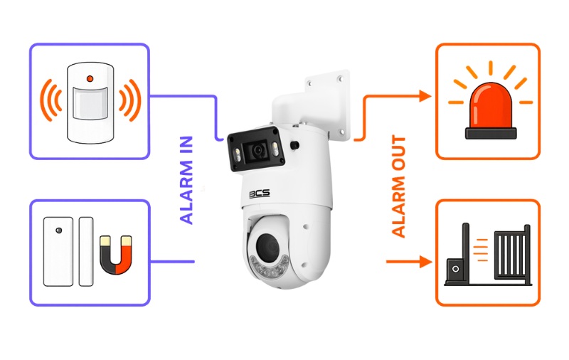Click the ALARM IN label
pyautogui.click(x=186, y=180)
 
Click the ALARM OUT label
pyautogui.click(x=398, y=186)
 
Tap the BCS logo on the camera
pyautogui.click(x=260, y=194)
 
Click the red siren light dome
pyautogui.click(x=491, y=105)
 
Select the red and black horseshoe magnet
pyautogui.click(x=116, y=255)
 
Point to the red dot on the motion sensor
pyautogui.click(x=90, y=79)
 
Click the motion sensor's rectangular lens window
pyautogui.click(x=90, y=103)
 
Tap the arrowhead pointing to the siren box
pyautogui.click(x=425, y=96)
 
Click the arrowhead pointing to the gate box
pyautogui.click(x=425, y=261)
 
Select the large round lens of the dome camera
pyautogui.click(x=267, y=246)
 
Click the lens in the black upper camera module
pyautogui.click(x=257, y=150)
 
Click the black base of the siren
pyautogui.click(x=491, y=133)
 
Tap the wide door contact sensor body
pyautogui.click(x=58, y=251)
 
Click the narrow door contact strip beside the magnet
pyautogui.click(x=86, y=251)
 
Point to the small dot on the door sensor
pyautogui.click(x=58, y=231)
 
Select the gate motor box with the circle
pyautogui.click(x=455, y=269)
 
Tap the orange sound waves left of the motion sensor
pyautogui.click(x=50, y=100)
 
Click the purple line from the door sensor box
pyautogui.click(x=172, y=262)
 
